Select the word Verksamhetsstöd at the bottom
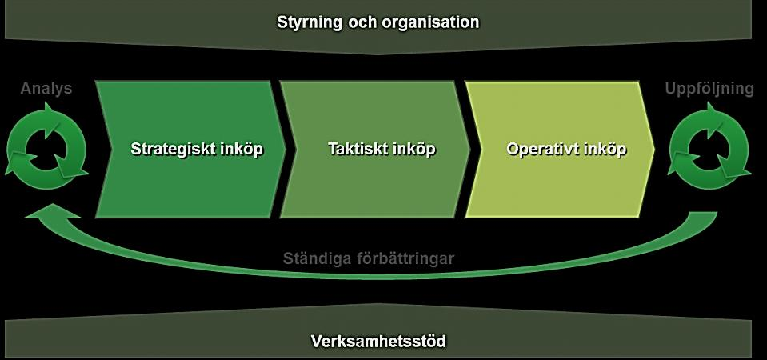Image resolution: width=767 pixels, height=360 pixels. (x=378, y=341)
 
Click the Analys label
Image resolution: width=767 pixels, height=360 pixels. (x=46, y=89)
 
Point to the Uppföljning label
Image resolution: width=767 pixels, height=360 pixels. (x=709, y=89)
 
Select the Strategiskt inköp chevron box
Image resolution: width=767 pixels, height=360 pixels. (x=191, y=149)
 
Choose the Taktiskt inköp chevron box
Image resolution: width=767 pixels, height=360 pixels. (x=375, y=149)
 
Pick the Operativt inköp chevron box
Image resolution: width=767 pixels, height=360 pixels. (x=560, y=149)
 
